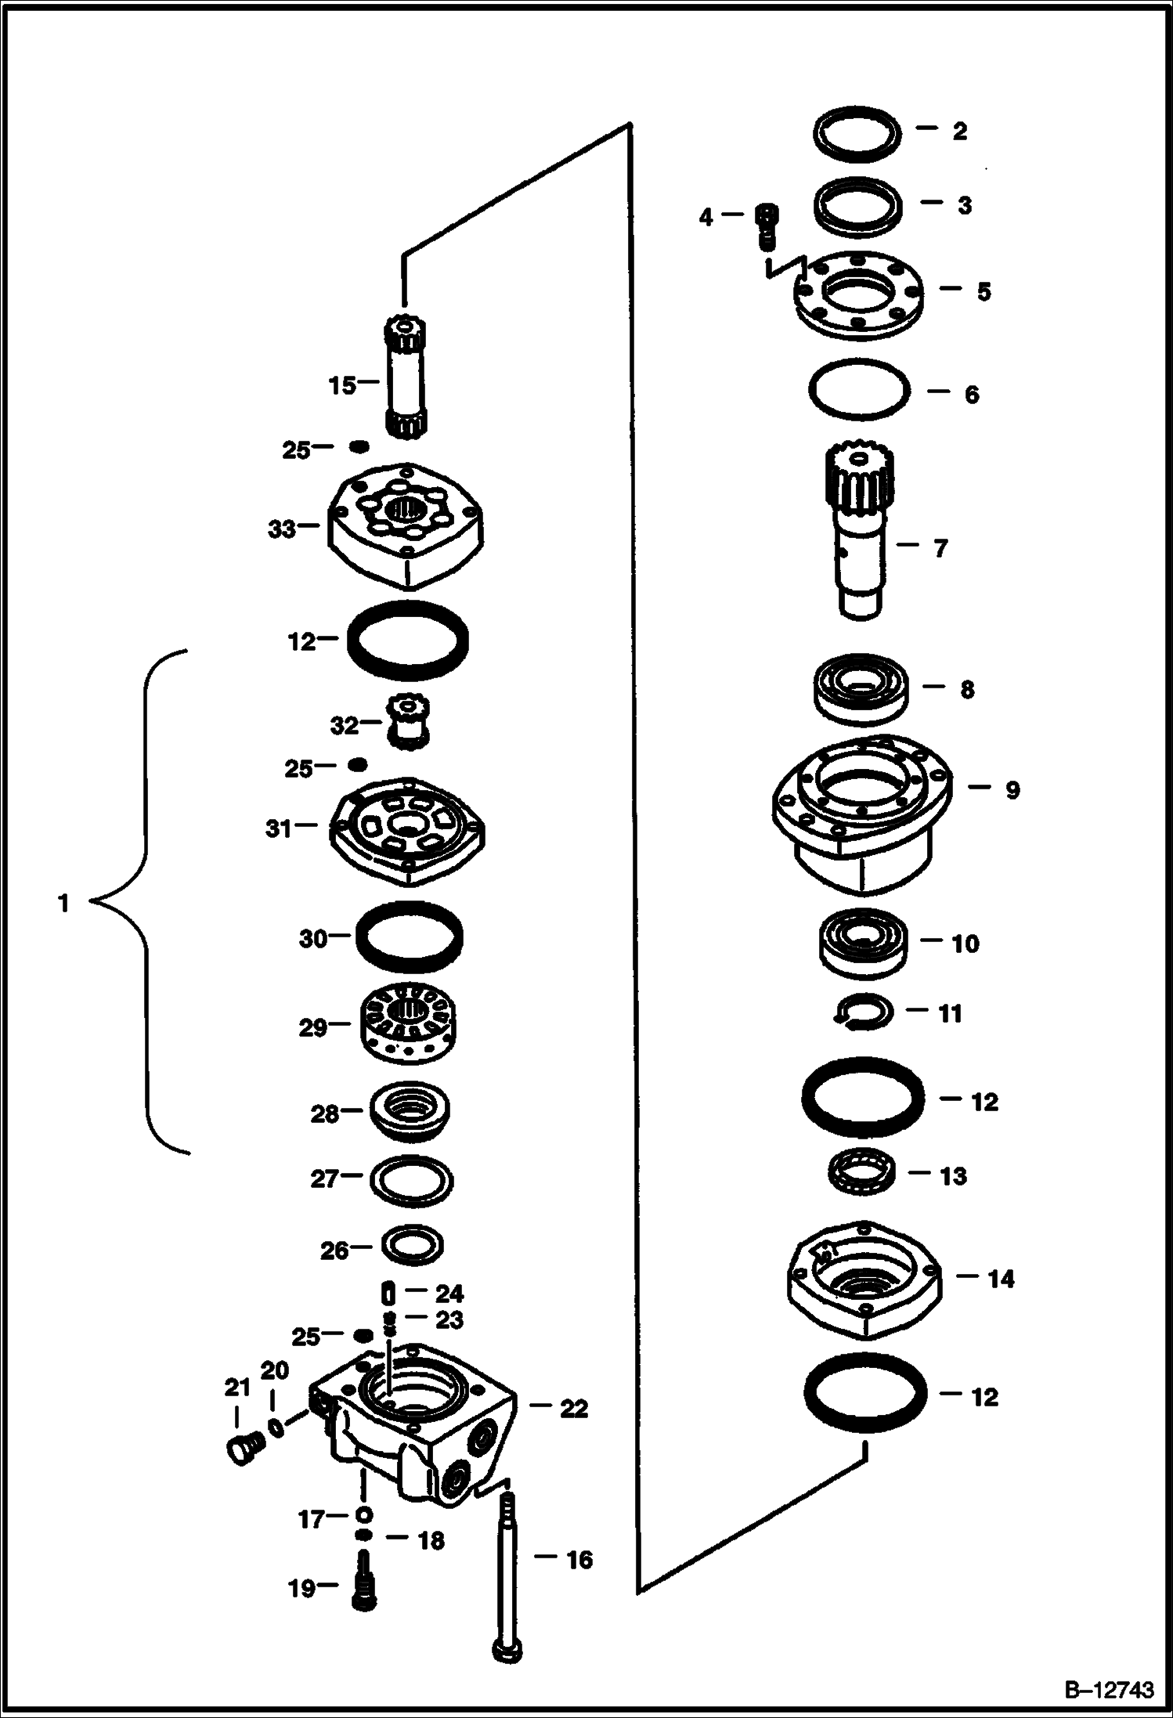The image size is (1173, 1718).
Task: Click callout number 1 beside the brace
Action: [63, 904]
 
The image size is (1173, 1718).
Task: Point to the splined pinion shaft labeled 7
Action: [861, 532]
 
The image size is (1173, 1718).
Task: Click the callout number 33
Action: [282, 529]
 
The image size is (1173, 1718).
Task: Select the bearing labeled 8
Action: [860, 688]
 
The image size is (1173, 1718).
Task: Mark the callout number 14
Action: [1001, 1279]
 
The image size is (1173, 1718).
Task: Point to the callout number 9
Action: [1012, 790]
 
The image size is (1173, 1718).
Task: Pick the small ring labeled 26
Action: [412, 1243]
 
